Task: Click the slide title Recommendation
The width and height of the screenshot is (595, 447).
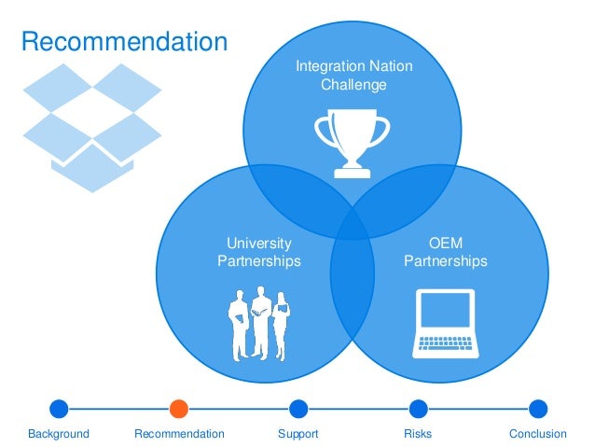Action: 124,42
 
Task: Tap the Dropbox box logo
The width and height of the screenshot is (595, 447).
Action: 92,127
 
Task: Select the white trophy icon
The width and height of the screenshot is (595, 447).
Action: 352,143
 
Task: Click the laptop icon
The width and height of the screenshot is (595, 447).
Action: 446,323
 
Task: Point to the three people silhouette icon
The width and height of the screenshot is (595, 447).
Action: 259,325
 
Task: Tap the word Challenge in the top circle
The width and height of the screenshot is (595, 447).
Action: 353,85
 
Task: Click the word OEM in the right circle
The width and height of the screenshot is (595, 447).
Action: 446,244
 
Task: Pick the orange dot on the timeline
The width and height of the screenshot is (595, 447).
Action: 179,408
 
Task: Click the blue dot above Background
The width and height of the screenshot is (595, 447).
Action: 59,408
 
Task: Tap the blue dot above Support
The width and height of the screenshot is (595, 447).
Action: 298,408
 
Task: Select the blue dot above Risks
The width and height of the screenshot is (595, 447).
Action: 418,408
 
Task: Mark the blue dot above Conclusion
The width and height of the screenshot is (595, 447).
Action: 538,408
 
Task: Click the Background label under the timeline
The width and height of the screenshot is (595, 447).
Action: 59,434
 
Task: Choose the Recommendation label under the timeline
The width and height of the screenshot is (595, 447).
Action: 179,434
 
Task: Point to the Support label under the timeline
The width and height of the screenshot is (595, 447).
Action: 298,434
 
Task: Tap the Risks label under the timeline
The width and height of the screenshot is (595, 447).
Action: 418,434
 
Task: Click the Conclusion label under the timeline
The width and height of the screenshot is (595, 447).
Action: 538,434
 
